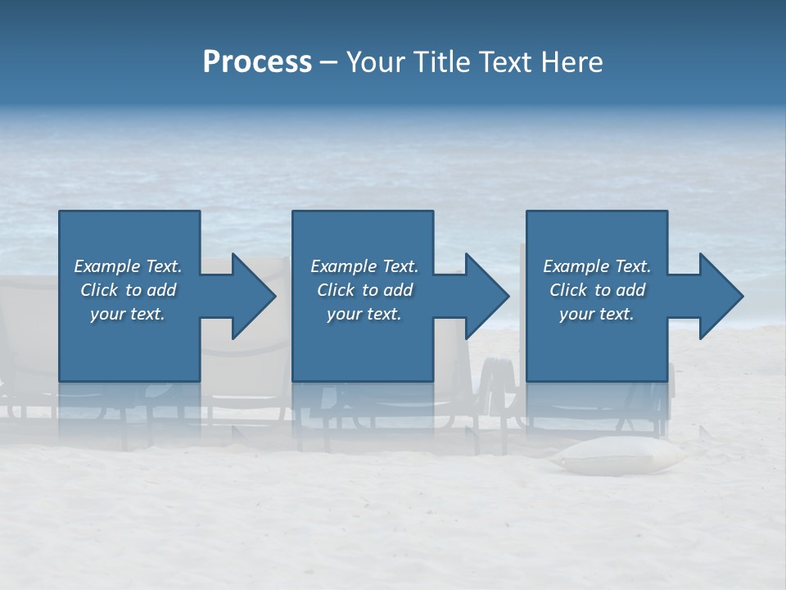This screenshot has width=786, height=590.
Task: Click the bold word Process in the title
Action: coord(257,62)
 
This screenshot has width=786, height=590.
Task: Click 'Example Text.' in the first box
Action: coord(128,266)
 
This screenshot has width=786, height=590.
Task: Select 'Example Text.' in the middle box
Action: coord(364,266)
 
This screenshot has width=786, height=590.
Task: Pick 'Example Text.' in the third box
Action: coord(597,266)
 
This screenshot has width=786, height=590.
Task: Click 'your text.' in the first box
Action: coord(128,314)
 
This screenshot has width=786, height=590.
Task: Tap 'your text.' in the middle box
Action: coord(364,314)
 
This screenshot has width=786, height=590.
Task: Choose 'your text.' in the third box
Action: coord(597,314)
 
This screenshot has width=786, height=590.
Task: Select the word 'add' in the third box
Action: coord(631,290)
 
